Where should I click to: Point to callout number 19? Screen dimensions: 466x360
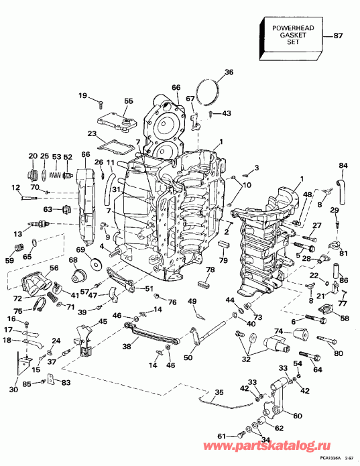82,97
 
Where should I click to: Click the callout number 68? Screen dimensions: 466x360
71,260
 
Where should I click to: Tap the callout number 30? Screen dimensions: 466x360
14,390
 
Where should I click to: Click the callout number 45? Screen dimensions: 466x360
103,322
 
